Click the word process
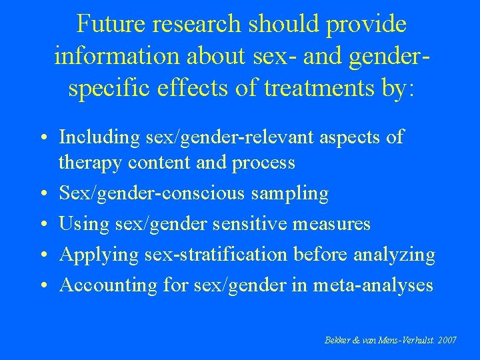[x=263, y=162]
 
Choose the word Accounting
[x=105, y=285]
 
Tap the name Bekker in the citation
[x=334, y=341]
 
